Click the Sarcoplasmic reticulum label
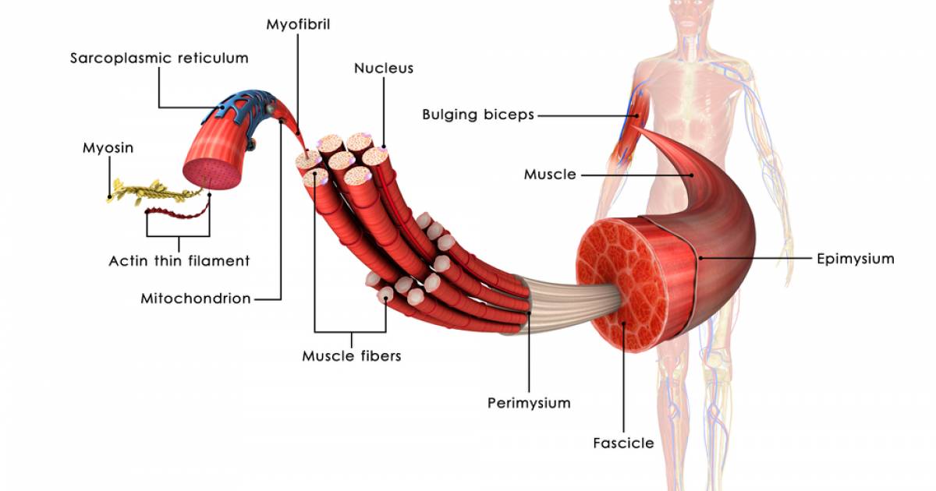(159, 58)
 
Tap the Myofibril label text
(298, 25)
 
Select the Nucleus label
(384, 68)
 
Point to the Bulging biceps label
(478, 115)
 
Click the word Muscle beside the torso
(550, 175)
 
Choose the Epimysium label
(856, 259)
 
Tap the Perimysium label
(529, 403)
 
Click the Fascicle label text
(623, 443)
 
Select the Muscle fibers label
(352, 356)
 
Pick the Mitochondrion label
(196, 299)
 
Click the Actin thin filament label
(179, 261)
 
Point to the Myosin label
(108, 148)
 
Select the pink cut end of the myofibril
(212, 175)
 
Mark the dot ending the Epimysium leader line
(700, 259)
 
